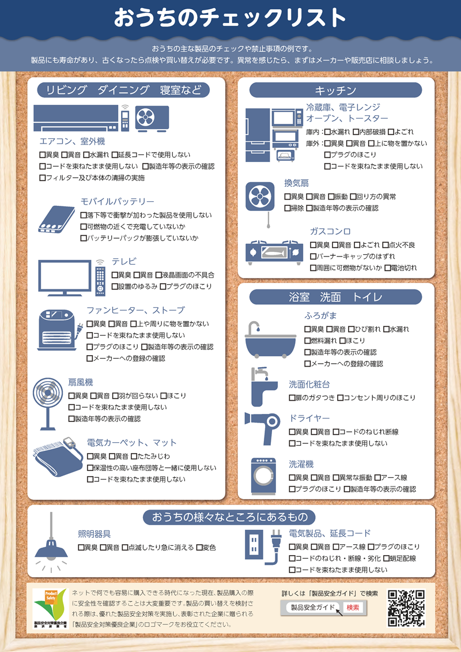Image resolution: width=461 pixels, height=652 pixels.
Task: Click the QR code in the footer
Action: pos(406,608)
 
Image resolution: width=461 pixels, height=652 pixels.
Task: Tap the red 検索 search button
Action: pos(353,608)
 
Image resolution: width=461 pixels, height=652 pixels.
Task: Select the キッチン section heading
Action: pos(335,91)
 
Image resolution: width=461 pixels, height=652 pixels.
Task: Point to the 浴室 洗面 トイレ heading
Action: pos(335,297)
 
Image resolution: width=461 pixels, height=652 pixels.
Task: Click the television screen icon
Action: pos(65,277)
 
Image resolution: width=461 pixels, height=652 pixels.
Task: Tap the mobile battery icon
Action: pos(56,219)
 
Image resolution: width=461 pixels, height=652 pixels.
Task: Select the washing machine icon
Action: pos(263,477)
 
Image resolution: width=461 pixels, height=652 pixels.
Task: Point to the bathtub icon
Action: pos(270,340)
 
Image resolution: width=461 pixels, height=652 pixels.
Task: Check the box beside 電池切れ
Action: pos(387,268)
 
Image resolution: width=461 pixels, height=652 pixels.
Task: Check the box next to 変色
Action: pos(199,548)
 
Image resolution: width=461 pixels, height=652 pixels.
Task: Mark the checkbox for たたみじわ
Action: pos(134,456)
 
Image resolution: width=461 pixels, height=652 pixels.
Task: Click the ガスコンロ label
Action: pos(330,231)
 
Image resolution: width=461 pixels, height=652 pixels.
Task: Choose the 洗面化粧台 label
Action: pos(309,384)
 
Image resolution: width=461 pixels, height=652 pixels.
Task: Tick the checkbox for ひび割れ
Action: pos(351,329)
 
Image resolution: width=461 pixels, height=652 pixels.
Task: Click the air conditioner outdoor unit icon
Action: pos(152,118)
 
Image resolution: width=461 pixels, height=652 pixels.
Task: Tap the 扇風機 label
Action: pos(81,382)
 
